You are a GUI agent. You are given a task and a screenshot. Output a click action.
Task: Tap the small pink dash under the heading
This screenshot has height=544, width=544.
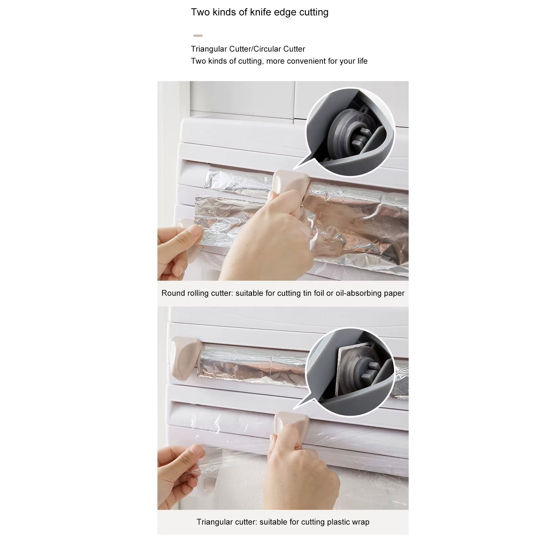[x=198, y=36]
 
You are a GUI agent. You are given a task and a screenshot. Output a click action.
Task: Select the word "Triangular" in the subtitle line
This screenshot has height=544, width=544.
[x=209, y=49]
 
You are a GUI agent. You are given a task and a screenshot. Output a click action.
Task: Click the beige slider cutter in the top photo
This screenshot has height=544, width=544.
[x=290, y=183]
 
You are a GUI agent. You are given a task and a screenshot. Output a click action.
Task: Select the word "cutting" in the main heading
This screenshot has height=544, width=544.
[x=314, y=12]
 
